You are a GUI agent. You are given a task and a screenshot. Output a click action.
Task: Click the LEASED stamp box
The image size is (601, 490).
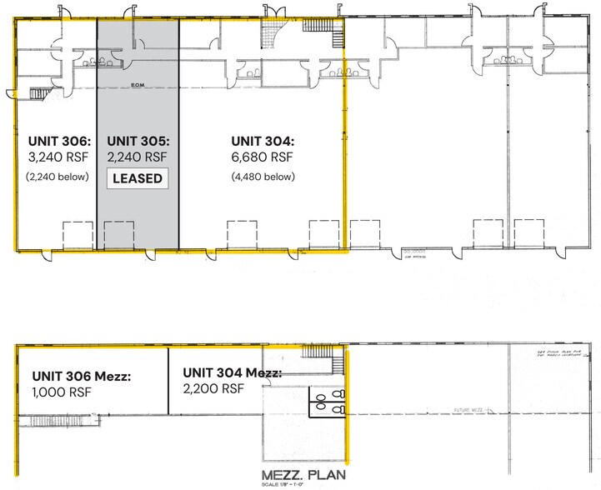(x=138, y=177)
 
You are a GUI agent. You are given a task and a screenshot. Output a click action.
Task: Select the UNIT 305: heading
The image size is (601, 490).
(x=138, y=140)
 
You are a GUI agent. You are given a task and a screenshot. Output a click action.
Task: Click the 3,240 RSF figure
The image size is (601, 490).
(x=58, y=157)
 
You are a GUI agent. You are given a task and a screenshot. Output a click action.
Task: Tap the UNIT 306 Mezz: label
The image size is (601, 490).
(x=81, y=376)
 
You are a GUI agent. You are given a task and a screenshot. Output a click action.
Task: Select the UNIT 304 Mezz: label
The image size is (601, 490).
(x=233, y=372)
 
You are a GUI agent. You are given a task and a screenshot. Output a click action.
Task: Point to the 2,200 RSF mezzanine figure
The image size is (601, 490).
(x=213, y=388)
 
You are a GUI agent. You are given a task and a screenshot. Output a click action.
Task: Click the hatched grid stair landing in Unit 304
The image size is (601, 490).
(x=272, y=36)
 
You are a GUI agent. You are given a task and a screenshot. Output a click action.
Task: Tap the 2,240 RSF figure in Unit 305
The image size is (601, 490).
(x=138, y=157)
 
